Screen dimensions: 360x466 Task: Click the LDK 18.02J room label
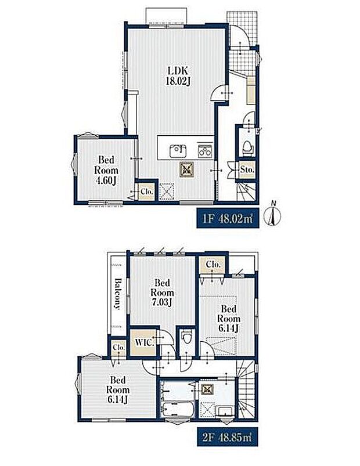178,76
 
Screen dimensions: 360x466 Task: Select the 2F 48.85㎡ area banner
228,437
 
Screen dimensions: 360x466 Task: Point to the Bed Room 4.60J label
106,170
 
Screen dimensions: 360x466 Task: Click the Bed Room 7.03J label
163,292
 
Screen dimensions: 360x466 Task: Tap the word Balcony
118,294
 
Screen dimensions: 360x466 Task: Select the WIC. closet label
145,342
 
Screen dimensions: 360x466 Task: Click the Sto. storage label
247,170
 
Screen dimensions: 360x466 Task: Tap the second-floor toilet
186,338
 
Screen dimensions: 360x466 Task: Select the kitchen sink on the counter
178,151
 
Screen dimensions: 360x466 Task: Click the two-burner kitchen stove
205,151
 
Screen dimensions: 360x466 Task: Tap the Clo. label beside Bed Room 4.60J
147,192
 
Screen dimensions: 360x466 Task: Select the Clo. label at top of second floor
213,264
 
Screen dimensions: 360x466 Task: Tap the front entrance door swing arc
239,35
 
